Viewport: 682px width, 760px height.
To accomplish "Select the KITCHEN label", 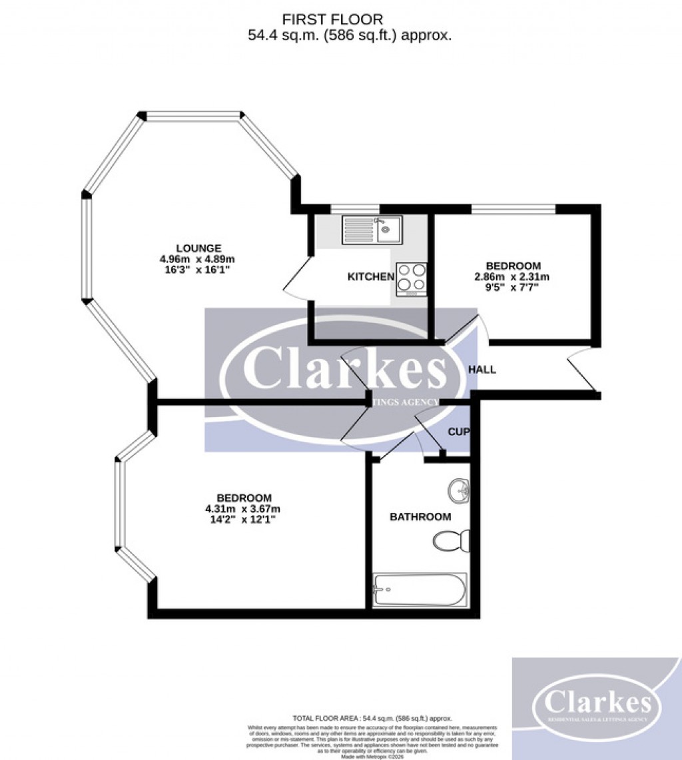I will click(371, 276).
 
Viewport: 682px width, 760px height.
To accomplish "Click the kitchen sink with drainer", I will click(371, 230).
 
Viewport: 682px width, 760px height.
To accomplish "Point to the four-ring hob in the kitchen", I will click(411, 279).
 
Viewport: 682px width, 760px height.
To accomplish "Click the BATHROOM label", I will click(420, 517).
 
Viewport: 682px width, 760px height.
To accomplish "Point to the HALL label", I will click(482, 369).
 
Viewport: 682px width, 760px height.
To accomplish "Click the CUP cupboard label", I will click(458, 432).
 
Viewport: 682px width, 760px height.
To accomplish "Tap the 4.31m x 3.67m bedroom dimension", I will click(243, 509).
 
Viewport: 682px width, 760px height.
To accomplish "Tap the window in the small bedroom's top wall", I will click(513, 210).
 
